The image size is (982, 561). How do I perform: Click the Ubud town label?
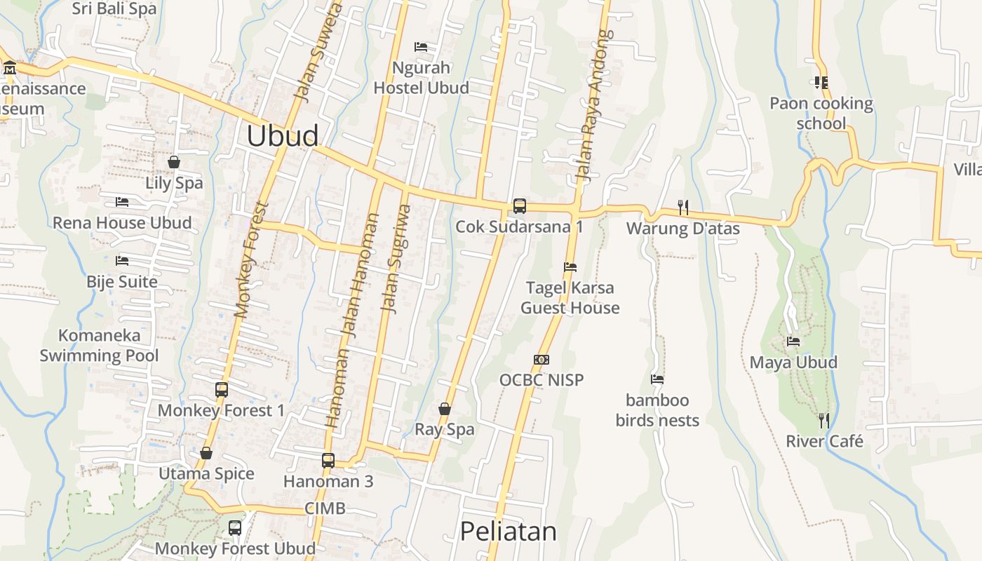tap(283, 136)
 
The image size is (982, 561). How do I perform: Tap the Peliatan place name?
tap(508, 532)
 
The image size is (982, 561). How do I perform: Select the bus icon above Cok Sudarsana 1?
tap(519, 205)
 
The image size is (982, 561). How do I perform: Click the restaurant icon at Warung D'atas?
tap(683, 207)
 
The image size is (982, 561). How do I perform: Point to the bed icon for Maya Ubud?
tap(793, 342)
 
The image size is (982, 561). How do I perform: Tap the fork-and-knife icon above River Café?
tap(824, 421)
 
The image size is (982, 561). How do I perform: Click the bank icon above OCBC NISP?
tap(542, 360)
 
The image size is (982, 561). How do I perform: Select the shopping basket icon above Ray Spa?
tap(444, 409)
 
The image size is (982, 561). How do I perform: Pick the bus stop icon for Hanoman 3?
tap(328, 461)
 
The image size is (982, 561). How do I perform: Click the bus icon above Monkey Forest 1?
tap(222, 390)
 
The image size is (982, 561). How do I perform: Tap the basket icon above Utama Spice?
tap(206, 454)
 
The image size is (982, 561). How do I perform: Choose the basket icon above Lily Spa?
tap(174, 163)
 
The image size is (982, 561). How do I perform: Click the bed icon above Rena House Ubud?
tap(122, 202)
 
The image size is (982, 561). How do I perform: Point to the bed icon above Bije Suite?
tap(122, 261)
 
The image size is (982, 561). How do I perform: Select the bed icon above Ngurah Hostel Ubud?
tap(421, 47)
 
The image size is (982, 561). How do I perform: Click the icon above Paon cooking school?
tap(821, 83)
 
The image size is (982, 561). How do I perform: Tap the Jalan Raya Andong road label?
tap(594, 105)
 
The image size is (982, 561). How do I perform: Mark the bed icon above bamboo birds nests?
tap(657, 379)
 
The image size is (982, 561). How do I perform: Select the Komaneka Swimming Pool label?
tap(99, 346)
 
